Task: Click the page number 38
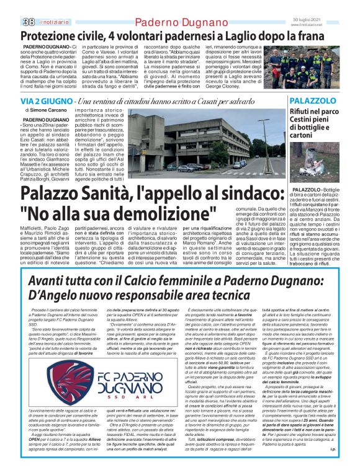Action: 11,6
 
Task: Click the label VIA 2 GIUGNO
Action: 45,101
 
